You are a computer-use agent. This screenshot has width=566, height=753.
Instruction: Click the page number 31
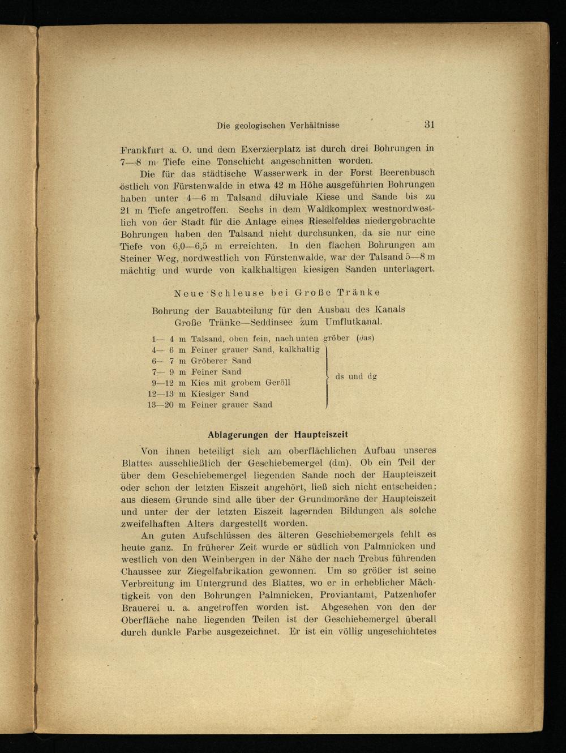point(428,125)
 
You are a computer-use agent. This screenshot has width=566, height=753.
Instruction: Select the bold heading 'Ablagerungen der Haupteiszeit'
point(278,435)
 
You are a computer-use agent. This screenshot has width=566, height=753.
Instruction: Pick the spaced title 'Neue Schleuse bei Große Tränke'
point(277,293)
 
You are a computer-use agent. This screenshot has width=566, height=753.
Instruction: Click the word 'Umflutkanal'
point(354,322)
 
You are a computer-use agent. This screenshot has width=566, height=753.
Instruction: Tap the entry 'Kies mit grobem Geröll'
point(241,383)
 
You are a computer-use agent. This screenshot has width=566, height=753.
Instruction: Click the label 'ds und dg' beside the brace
point(356,376)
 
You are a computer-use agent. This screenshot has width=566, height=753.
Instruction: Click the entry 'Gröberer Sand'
point(221,361)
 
